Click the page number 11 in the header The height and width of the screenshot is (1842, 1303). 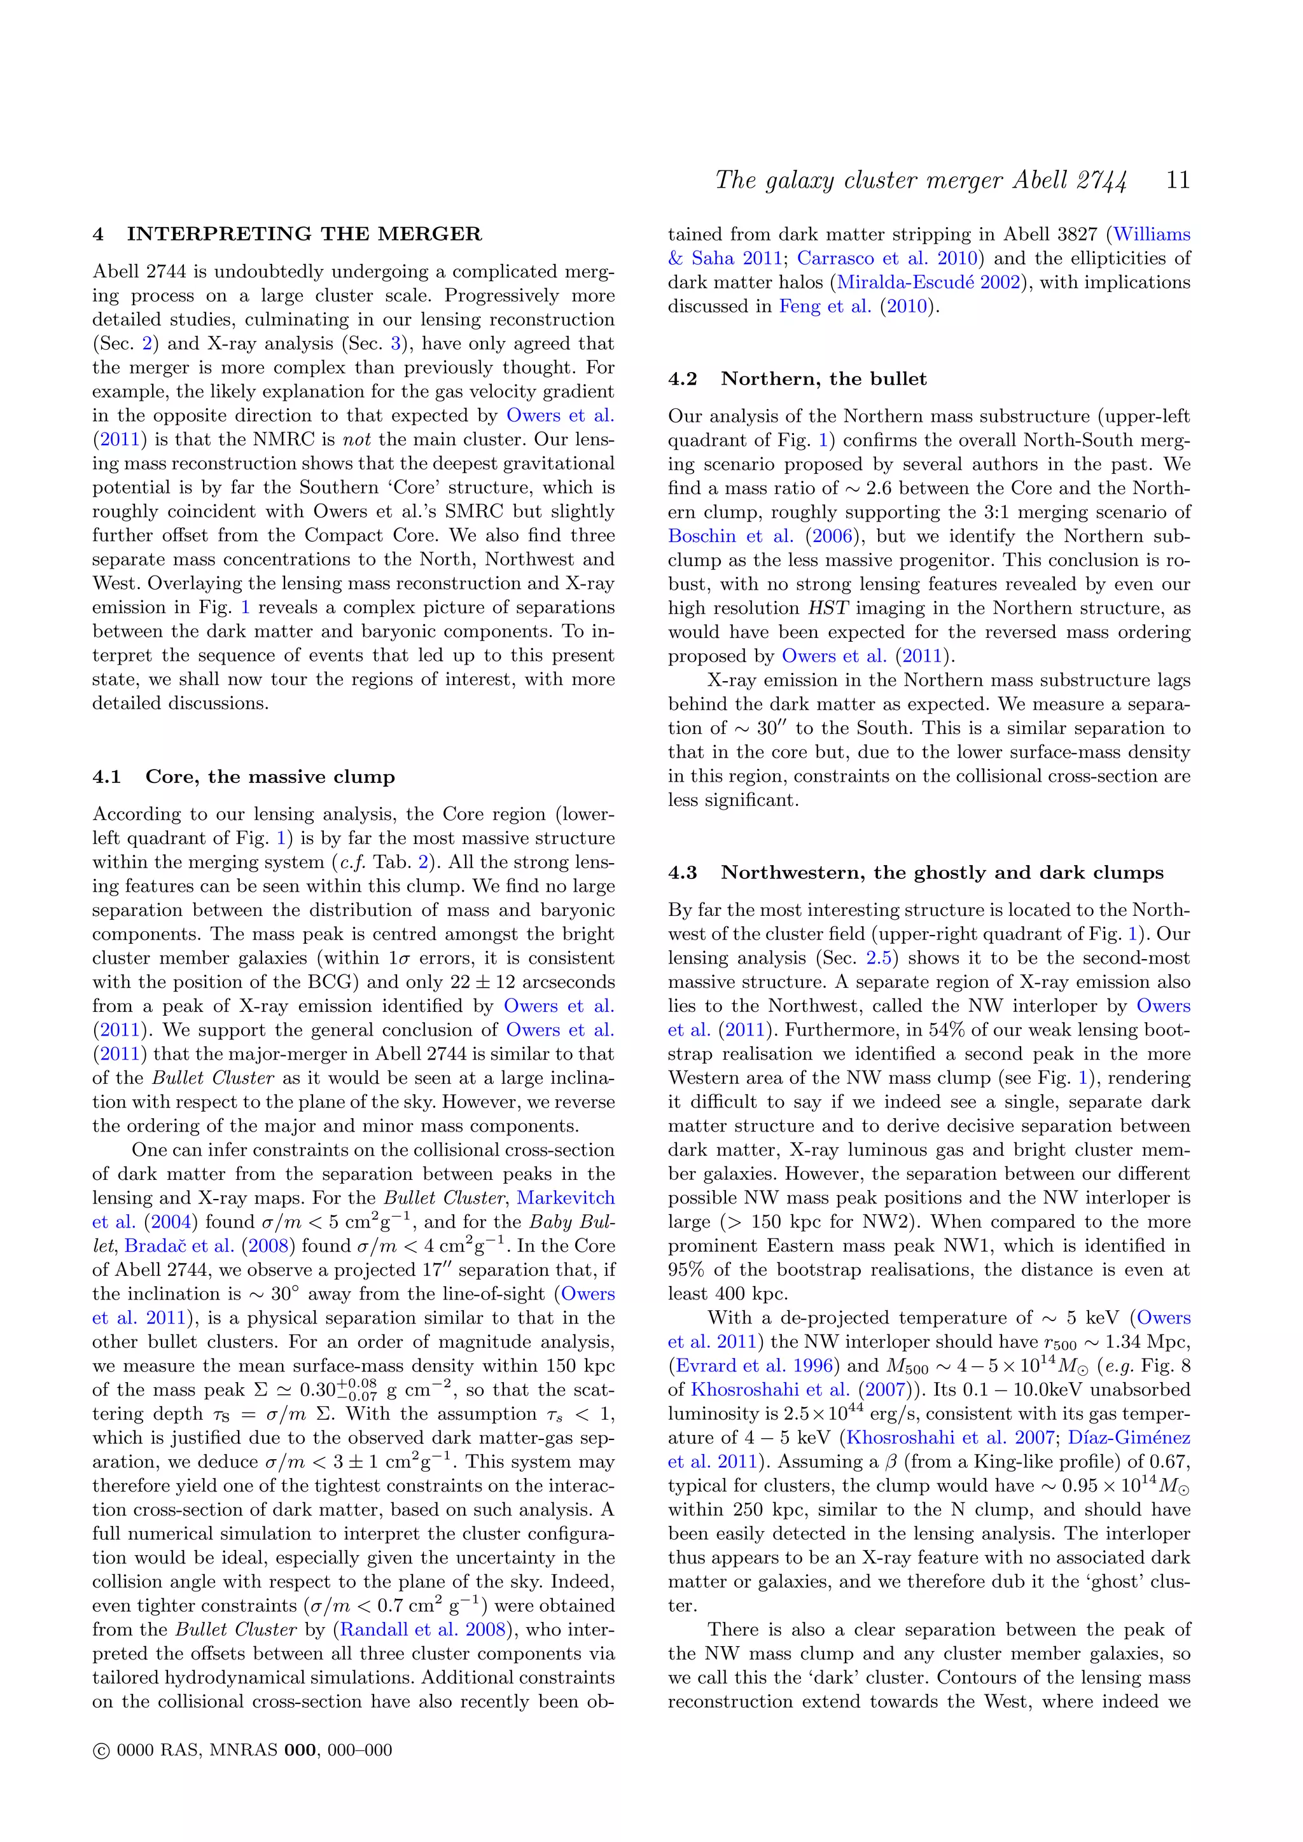(x=1177, y=180)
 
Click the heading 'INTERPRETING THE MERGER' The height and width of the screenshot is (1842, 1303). (x=304, y=234)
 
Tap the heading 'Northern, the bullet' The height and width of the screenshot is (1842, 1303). (x=823, y=378)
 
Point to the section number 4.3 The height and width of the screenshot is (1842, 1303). (x=682, y=873)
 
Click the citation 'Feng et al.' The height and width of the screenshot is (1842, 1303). (x=825, y=307)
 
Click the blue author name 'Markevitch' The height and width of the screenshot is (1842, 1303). (x=566, y=1198)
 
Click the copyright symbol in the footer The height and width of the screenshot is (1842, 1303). (x=101, y=1750)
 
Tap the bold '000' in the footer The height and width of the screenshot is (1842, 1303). (x=301, y=1750)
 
